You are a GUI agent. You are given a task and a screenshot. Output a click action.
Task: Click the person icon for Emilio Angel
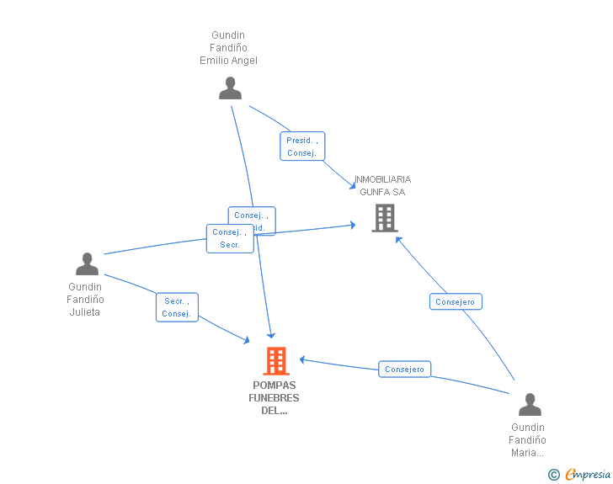tap(230, 88)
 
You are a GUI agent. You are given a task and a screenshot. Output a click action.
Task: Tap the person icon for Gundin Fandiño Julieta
tap(87, 264)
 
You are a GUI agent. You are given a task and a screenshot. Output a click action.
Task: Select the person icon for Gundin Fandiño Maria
tap(530, 405)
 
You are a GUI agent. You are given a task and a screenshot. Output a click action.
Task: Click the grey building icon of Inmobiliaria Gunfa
tap(385, 218)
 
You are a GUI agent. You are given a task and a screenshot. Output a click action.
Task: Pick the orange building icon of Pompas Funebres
tap(276, 361)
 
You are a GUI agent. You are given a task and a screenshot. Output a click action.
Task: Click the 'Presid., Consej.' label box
tap(302, 146)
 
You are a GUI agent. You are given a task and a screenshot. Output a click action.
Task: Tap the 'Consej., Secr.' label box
tap(230, 238)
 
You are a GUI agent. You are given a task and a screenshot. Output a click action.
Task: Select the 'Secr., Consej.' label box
tap(177, 307)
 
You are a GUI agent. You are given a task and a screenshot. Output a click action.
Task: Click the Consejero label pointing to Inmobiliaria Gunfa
tap(456, 301)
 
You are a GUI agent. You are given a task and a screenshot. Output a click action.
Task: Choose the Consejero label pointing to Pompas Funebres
tap(405, 369)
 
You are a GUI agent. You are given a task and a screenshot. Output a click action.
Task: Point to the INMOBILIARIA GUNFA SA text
tap(382, 185)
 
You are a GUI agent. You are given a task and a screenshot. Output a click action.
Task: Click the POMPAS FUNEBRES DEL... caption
tap(275, 398)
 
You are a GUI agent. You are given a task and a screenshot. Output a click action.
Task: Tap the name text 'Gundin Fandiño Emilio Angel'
tap(228, 48)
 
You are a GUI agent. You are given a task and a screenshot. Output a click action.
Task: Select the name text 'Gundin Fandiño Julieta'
tap(86, 299)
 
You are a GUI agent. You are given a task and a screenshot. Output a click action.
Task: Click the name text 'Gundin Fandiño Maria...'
tap(528, 439)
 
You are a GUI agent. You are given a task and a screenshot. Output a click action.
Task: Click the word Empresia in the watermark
tap(589, 474)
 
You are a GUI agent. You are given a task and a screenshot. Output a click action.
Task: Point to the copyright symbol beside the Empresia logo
tap(553, 475)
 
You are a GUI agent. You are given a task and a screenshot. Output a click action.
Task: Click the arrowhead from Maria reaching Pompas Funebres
tap(302, 359)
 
